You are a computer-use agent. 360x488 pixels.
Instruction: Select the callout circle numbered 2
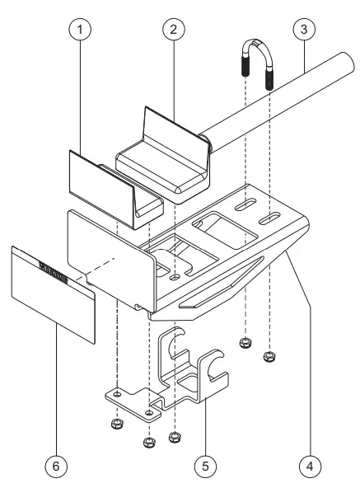click(173, 30)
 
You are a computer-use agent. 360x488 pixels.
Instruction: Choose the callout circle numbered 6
click(56, 466)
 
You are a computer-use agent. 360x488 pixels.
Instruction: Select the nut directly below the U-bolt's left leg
click(245, 342)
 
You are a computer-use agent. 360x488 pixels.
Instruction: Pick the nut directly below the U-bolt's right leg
click(268, 357)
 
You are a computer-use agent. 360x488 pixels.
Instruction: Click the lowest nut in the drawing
click(149, 443)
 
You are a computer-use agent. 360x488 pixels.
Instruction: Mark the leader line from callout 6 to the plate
click(56, 387)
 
